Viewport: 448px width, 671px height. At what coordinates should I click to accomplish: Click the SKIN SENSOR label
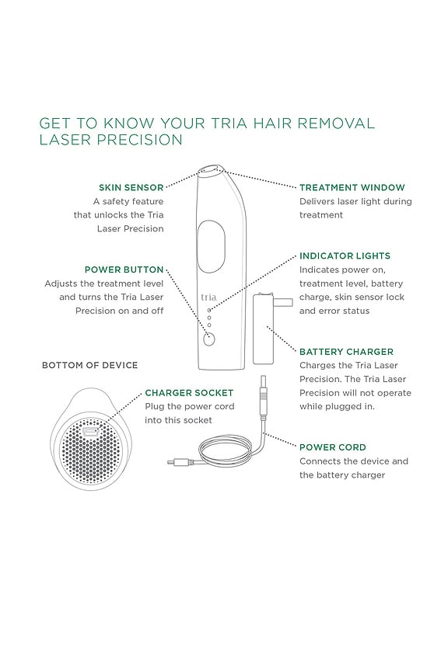[x=131, y=188]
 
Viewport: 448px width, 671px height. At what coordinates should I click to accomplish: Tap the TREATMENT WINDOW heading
[x=352, y=188]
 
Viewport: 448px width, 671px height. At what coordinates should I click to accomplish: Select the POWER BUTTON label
[x=124, y=270]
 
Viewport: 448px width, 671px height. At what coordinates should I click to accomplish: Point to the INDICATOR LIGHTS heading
[x=345, y=256]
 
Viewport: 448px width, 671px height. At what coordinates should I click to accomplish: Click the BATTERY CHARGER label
[x=346, y=352]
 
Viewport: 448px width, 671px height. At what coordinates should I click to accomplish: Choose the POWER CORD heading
[x=332, y=447]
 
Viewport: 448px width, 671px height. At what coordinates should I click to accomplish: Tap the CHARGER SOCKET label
[x=189, y=393]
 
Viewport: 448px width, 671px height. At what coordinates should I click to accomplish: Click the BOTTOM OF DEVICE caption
[x=89, y=365]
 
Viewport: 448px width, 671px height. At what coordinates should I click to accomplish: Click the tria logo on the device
[x=208, y=297]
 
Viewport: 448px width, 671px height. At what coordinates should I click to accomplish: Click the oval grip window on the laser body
[x=211, y=246]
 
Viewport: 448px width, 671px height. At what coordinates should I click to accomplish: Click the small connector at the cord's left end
[x=175, y=464]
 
